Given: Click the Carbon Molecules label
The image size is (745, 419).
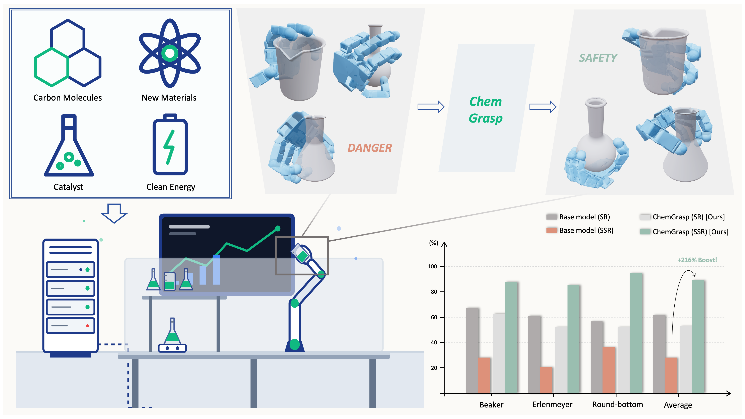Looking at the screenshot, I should point(67,98).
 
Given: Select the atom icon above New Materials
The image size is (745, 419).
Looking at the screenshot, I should point(170,53).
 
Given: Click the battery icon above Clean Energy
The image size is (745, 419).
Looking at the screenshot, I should point(170,145).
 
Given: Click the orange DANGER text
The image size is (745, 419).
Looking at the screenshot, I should point(369,148).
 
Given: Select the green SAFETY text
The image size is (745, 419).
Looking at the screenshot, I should point(598,58).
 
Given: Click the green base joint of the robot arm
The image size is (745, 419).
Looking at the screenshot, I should point(294,344).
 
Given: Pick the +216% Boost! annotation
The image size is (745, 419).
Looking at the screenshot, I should point(697,260).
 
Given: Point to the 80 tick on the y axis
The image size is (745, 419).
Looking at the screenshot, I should point(434,292).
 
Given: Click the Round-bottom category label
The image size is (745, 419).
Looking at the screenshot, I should point(617,404).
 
